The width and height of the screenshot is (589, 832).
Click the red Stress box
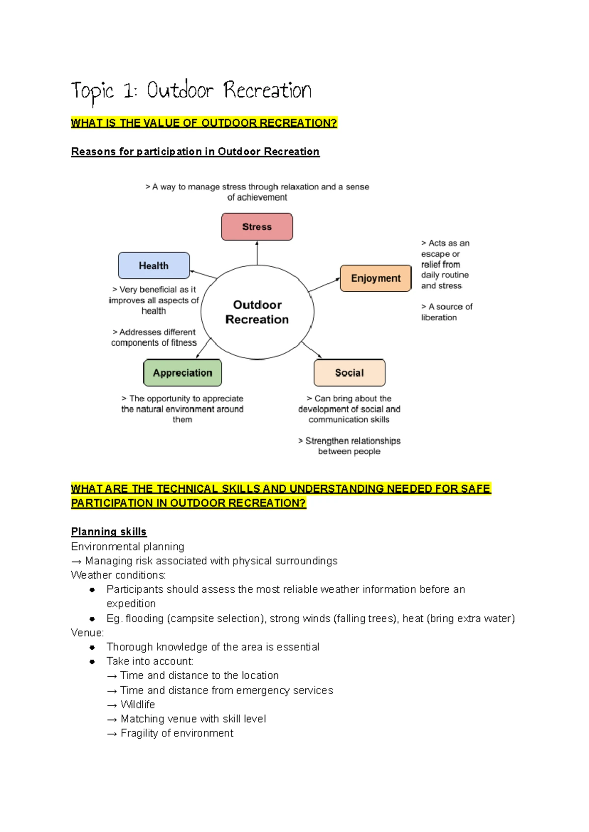257,226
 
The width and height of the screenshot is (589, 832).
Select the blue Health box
154,266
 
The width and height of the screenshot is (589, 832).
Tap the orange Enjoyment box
375,278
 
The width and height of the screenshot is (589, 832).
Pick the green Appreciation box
182,373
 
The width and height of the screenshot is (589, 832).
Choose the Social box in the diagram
349,373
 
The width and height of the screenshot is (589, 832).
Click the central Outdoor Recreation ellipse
257,312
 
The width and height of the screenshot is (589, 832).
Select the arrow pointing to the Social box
312,350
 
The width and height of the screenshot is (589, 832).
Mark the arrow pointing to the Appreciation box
203,348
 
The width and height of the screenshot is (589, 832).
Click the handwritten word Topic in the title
92,91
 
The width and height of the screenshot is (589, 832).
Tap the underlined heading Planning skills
108,531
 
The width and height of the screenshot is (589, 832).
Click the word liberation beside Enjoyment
439,317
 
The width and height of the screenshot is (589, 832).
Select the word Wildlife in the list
137,704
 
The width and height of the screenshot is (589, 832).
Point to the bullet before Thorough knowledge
92,647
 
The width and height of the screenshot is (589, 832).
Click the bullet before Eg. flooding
92,619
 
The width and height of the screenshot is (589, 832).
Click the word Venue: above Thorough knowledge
87,633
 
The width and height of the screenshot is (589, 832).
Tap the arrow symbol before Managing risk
76,561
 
